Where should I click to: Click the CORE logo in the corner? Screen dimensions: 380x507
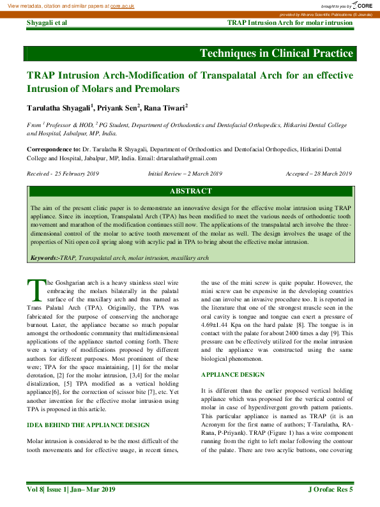tap(361, 5)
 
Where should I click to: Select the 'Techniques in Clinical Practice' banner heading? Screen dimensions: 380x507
tap(276, 52)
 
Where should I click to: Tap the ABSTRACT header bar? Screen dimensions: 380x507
tap(190, 191)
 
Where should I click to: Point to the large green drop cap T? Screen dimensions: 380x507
tap(36, 290)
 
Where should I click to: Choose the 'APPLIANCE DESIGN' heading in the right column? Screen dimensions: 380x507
tap(232, 374)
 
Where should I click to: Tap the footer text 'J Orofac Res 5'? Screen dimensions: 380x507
tap(330, 489)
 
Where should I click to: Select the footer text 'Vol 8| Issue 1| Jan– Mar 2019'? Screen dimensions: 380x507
tap(70, 489)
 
